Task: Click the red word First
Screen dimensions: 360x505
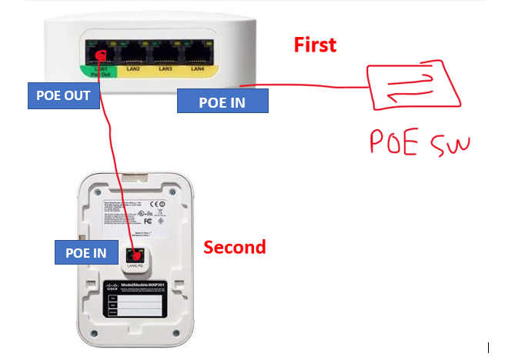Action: click(315, 45)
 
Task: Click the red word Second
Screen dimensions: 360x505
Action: click(234, 247)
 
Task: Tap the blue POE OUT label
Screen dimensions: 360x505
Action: click(63, 95)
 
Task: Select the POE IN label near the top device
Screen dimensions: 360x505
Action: click(222, 100)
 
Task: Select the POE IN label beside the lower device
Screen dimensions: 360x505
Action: click(86, 252)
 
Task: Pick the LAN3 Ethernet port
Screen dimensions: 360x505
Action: click(165, 53)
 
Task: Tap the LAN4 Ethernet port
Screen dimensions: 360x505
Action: click(196, 53)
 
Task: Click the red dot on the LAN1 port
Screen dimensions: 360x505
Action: click(99, 53)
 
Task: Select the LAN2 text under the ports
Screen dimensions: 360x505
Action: click(132, 69)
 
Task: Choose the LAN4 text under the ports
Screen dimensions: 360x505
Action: click(196, 69)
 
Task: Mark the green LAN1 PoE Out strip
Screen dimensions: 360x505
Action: click(99, 72)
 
